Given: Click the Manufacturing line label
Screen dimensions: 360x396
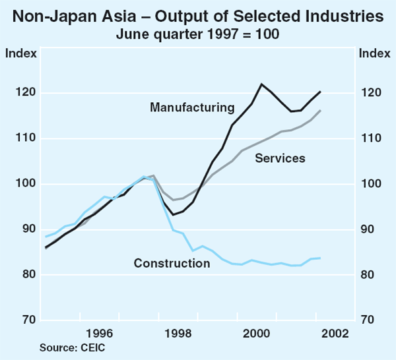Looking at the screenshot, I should pyautogui.click(x=192, y=107).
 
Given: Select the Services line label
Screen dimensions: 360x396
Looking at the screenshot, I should pyautogui.click(x=280, y=158).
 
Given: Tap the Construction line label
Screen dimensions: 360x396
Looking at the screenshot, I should pyautogui.click(x=172, y=264).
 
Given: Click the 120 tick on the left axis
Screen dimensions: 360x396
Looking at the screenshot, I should pyautogui.click(x=26, y=93).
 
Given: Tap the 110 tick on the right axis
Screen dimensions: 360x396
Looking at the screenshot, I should pyautogui.click(x=370, y=138).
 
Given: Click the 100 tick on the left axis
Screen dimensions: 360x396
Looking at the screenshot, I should pyautogui.click(x=26, y=184).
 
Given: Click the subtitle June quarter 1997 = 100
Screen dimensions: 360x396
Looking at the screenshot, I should pyautogui.click(x=198, y=33).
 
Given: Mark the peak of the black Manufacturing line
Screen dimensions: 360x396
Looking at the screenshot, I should pyautogui.click(x=262, y=84).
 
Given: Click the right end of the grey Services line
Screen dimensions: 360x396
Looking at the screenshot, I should pyautogui.click(x=321, y=111).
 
